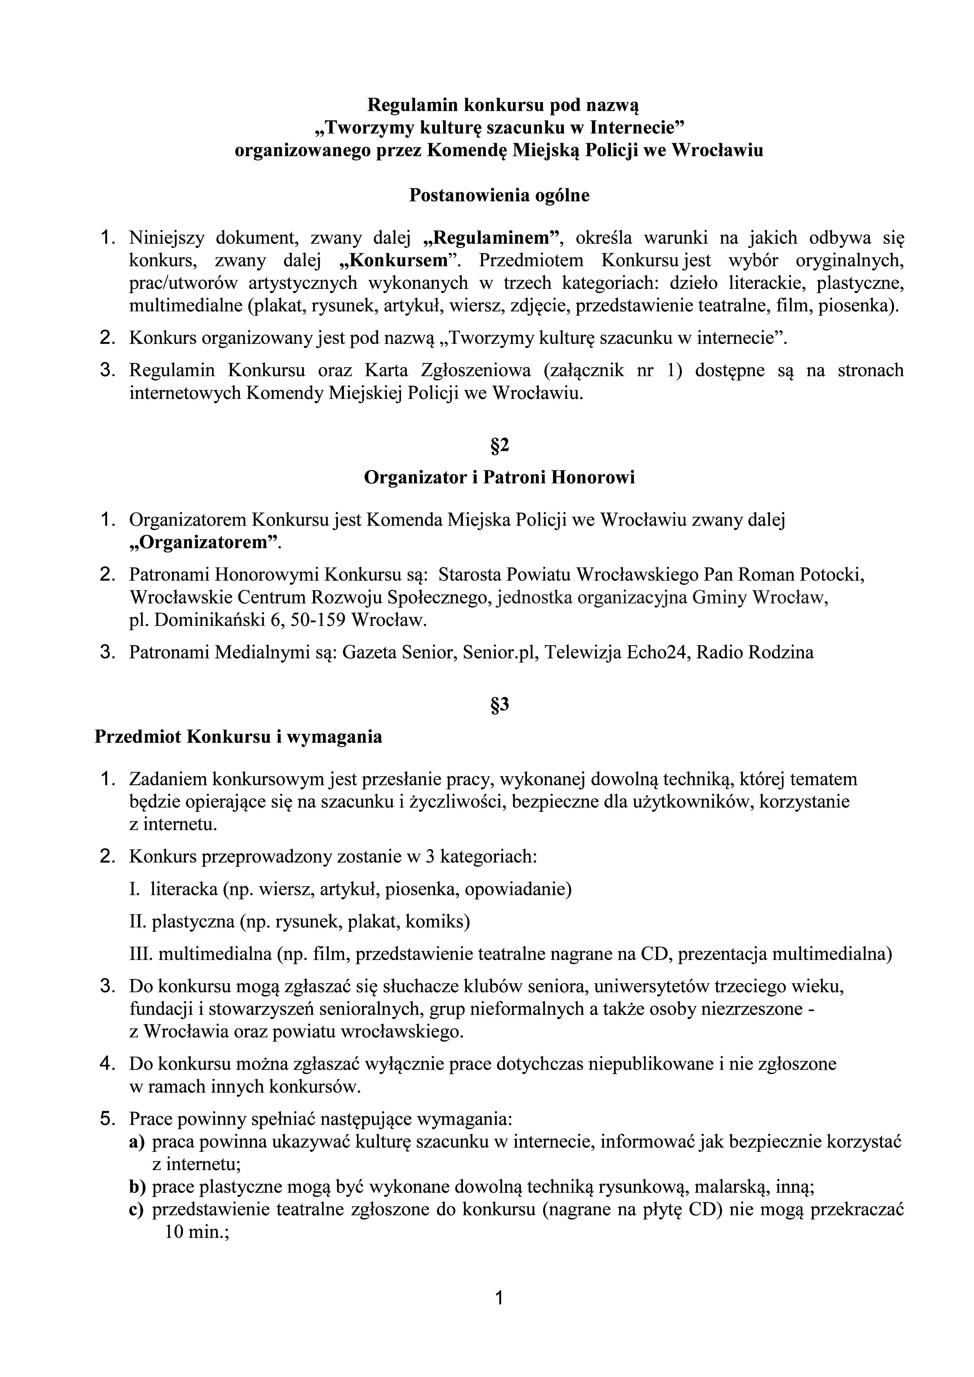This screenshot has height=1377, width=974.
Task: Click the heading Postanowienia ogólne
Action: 499,196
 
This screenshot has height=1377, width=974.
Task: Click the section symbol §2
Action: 500,446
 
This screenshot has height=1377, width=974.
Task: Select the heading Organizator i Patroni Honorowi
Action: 500,477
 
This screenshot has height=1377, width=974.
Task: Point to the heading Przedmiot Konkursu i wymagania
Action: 238,737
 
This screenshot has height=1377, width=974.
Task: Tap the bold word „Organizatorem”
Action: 205,543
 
